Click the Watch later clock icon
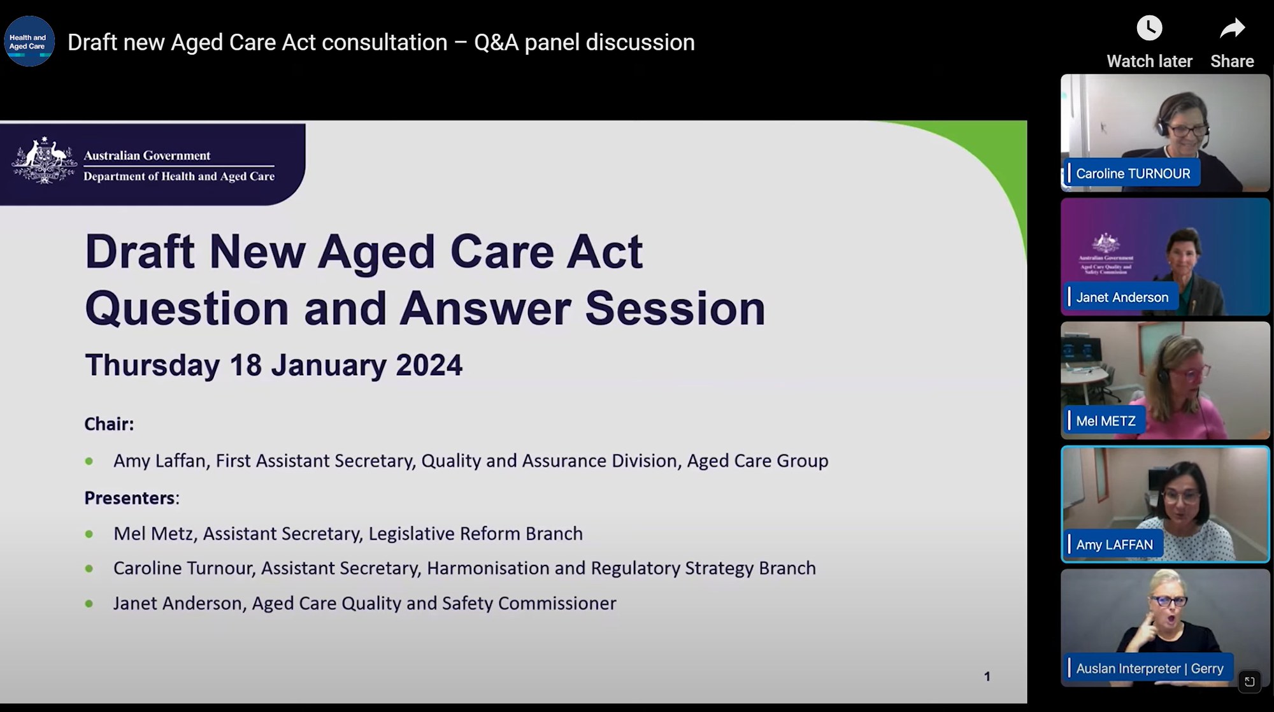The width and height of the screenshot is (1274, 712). pos(1149,29)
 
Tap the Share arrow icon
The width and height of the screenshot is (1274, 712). pos(1232,29)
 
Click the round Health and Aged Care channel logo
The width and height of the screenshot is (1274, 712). pos(29,41)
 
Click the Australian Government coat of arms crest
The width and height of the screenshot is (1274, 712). pos(44,160)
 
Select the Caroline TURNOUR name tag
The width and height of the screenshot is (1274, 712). pos(1132,173)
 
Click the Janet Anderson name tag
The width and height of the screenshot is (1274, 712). pos(1121,297)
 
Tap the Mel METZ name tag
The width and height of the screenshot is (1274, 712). pos(1105,421)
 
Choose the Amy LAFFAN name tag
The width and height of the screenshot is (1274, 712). pos(1113,545)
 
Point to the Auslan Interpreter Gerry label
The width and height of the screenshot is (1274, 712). pos(1149,668)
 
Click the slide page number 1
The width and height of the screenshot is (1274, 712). pos(987,676)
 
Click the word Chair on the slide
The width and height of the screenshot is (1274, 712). pos(108,424)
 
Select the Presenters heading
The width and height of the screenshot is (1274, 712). pos(131,498)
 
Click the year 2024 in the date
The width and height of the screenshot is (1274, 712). pos(429,366)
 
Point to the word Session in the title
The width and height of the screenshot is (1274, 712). pos(675,309)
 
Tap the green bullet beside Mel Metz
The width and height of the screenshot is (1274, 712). pos(89,534)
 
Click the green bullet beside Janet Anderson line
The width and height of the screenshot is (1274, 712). pos(89,603)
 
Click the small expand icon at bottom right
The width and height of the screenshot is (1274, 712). pos(1249,681)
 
